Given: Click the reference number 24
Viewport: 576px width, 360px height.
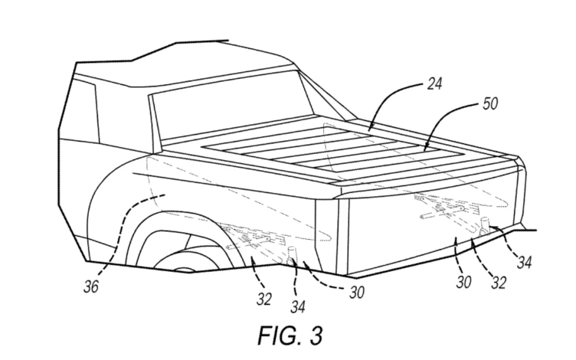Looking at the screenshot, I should point(434,84).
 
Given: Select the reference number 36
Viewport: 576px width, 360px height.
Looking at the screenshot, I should point(91,287).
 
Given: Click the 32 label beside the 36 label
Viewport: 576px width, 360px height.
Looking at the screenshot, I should point(264,299).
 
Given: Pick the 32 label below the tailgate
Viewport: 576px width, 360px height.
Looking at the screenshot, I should point(498,283).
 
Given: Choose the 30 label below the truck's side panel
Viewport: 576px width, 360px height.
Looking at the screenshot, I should point(356,292).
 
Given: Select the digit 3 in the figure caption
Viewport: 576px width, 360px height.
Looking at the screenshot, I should point(317,336).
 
